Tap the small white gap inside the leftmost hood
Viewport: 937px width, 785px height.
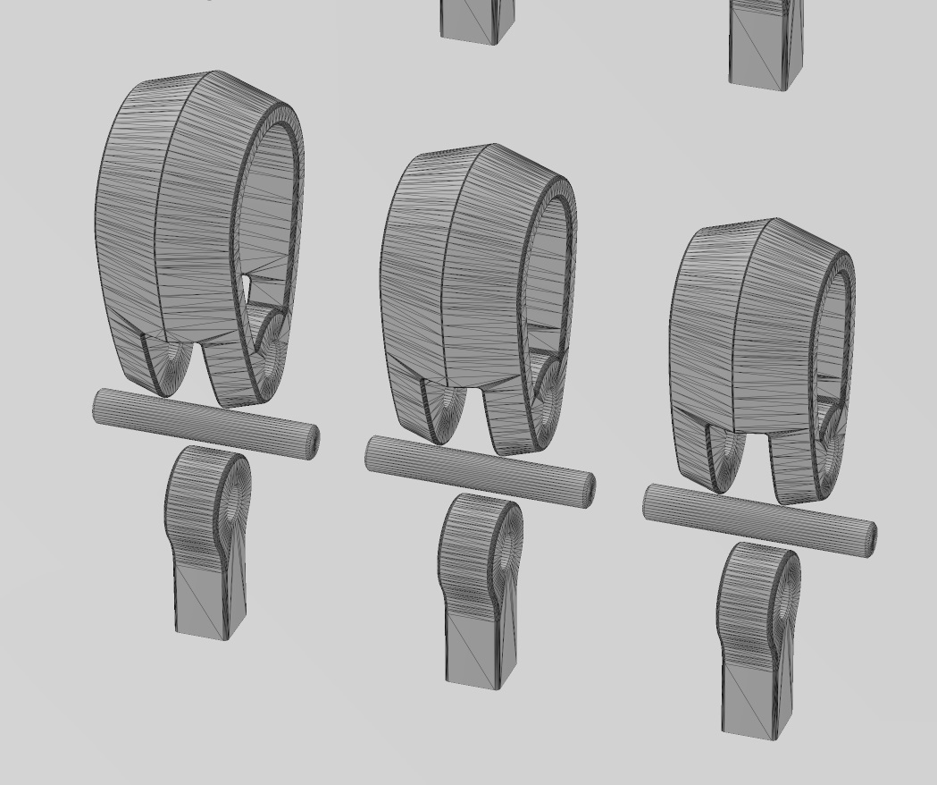247,283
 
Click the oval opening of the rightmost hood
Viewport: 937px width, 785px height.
832,331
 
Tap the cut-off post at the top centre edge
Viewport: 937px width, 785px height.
477,20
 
